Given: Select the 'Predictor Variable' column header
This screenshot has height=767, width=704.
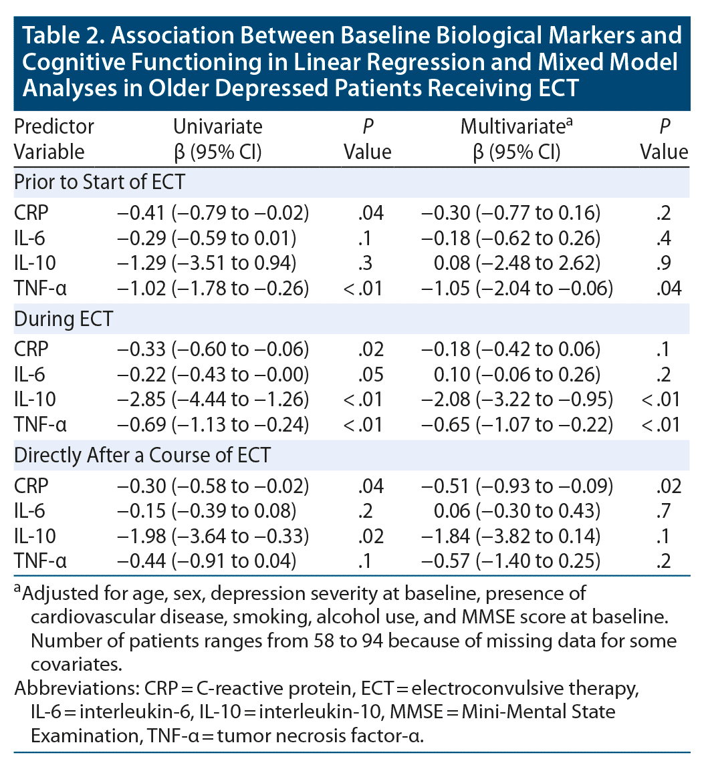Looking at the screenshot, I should click(x=54, y=138).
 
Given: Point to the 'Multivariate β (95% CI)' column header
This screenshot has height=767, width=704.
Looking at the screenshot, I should click(x=514, y=138).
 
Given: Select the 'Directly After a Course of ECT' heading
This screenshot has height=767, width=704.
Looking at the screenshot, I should click(x=142, y=455).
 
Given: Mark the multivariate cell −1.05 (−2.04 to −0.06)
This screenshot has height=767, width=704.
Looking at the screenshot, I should click(x=516, y=288).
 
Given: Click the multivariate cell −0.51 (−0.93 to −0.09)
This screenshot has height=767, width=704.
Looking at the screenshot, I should click(x=516, y=486).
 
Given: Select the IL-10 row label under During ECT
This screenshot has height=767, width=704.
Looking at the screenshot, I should click(x=35, y=400).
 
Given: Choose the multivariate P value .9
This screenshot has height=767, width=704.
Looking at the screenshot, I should click(x=664, y=263).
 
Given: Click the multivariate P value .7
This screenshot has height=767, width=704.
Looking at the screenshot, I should click(x=664, y=511).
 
